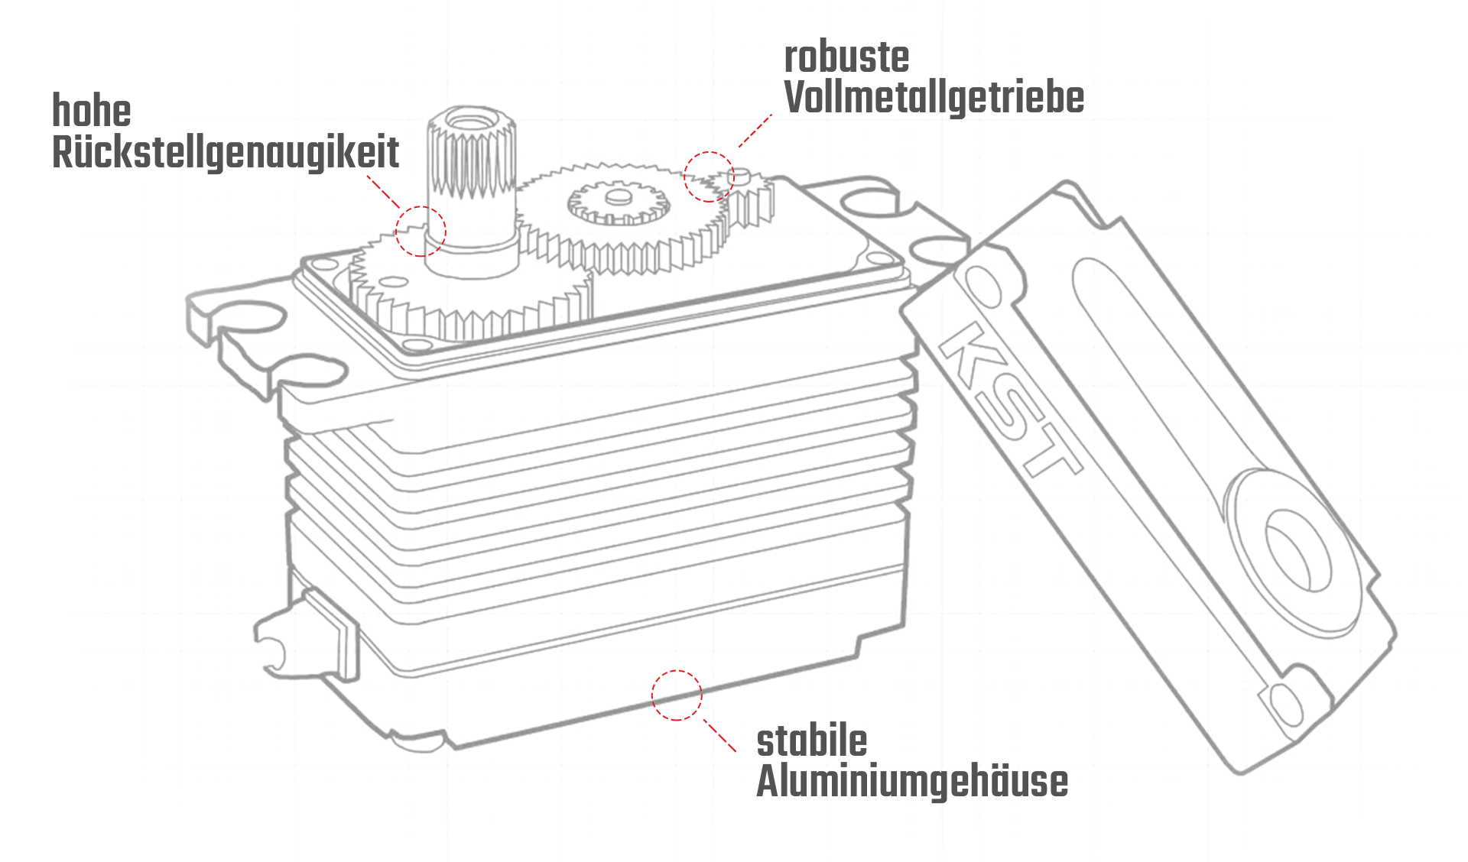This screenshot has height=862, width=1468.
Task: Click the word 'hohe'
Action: click(92, 112)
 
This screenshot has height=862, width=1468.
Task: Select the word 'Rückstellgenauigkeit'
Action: click(226, 153)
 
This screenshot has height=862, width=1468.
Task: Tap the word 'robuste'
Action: click(846, 57)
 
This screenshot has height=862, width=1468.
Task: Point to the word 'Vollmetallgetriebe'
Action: click(934, 98)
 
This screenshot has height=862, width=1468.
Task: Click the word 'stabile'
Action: click(811, 741)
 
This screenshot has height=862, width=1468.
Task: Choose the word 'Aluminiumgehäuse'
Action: click(911, 782)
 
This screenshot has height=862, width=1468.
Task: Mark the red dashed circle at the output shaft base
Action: click(421, 231)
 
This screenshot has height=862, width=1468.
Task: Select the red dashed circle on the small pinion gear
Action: click(709, 177)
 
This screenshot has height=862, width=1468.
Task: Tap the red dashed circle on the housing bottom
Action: click(676, 695)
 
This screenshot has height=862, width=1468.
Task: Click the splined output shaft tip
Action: click(471, 122)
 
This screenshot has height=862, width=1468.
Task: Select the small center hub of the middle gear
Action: click(616, 198)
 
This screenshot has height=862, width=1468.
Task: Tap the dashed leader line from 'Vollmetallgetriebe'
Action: click(755, 131)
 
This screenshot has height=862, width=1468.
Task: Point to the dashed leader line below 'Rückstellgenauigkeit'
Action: click(384, 192)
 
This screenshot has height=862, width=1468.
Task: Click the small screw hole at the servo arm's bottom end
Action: click(1285, 704)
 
